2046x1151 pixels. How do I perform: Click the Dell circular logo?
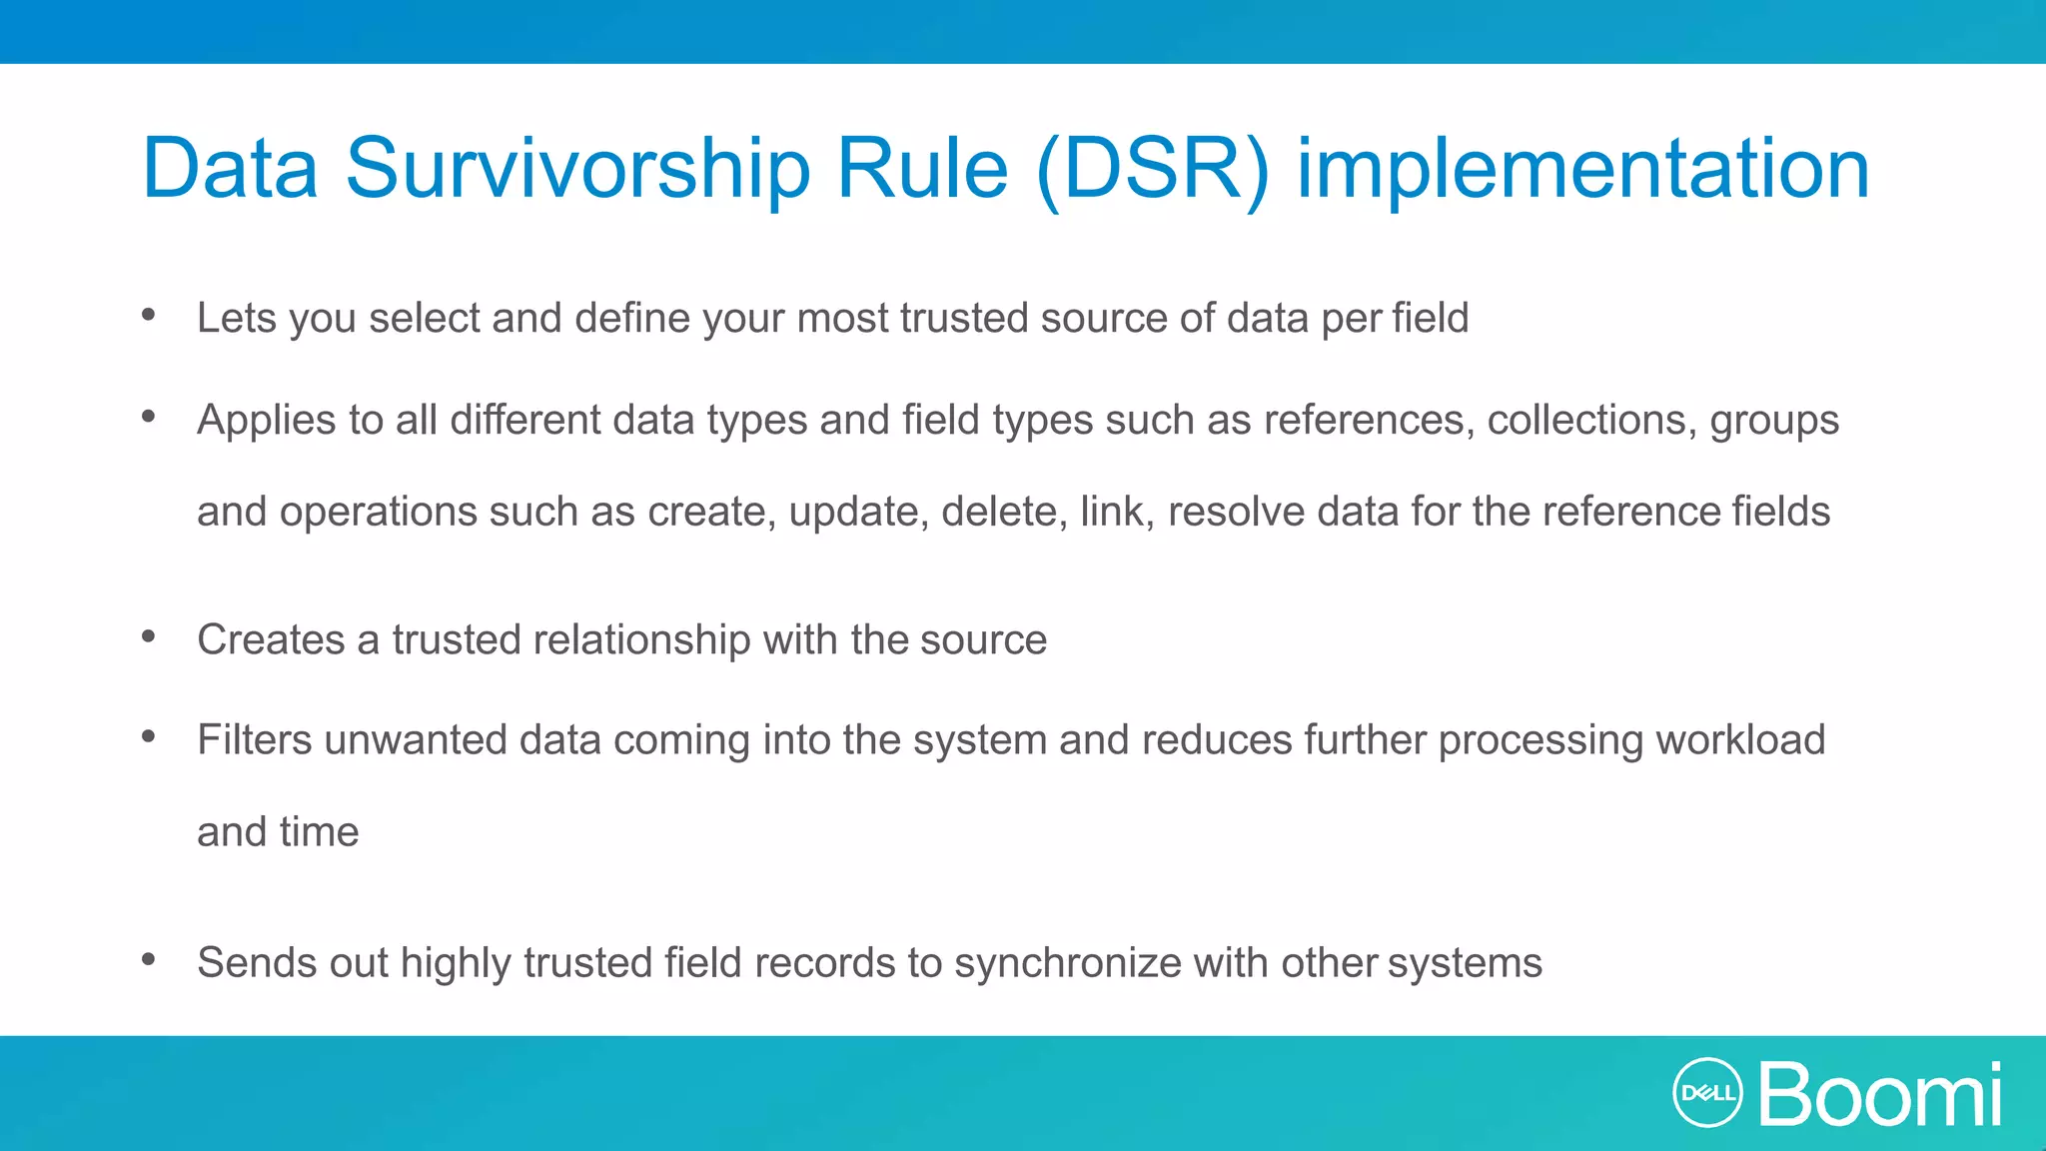coord(1707,1092)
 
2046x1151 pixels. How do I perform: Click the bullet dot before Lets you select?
coord(149,315)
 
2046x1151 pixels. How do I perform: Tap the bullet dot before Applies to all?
coord(149,416)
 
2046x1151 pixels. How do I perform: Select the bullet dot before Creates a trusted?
coord(149,635)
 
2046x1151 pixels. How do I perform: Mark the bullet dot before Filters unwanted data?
coord(149,736)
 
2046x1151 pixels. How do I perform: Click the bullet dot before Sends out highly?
coord(149,959)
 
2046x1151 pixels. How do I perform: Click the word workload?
coord(1740,740)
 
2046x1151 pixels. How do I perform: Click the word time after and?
coord(319,832)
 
